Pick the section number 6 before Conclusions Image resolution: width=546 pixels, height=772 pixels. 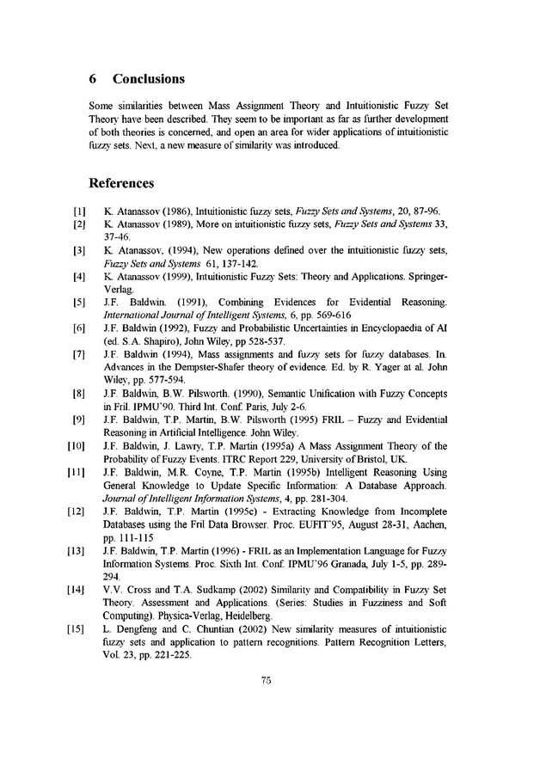tap(93, 79)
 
